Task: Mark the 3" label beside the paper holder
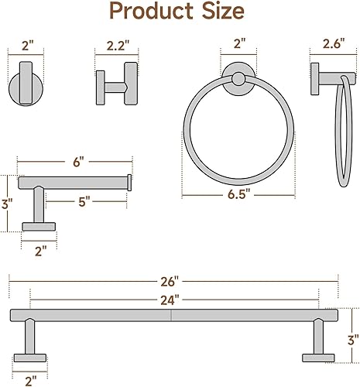(x=6, y=204)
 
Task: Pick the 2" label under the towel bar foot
(x=30, y=380)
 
